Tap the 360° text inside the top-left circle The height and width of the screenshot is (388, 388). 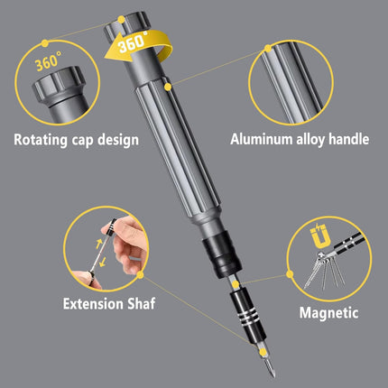(x=49, y=65)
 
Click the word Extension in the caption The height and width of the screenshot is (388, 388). (x=92, y=304)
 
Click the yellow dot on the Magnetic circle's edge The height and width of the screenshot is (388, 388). (x=290, y=273)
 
